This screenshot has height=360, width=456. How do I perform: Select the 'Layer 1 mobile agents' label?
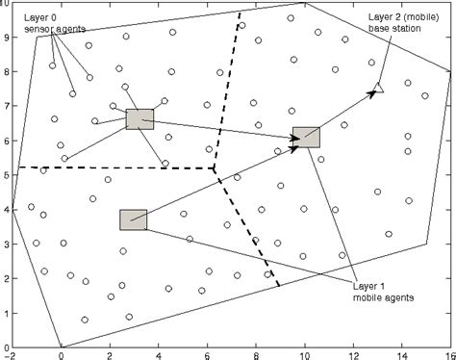point(384,291)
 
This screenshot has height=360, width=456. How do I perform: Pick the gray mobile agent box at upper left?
point(139,118)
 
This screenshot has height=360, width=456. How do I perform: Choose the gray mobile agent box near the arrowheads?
point(306,137)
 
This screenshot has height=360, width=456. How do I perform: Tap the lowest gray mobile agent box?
point(133,219)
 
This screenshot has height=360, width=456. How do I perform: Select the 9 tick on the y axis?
point(6,37)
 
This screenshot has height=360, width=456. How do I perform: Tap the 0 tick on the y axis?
point(6,347)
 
